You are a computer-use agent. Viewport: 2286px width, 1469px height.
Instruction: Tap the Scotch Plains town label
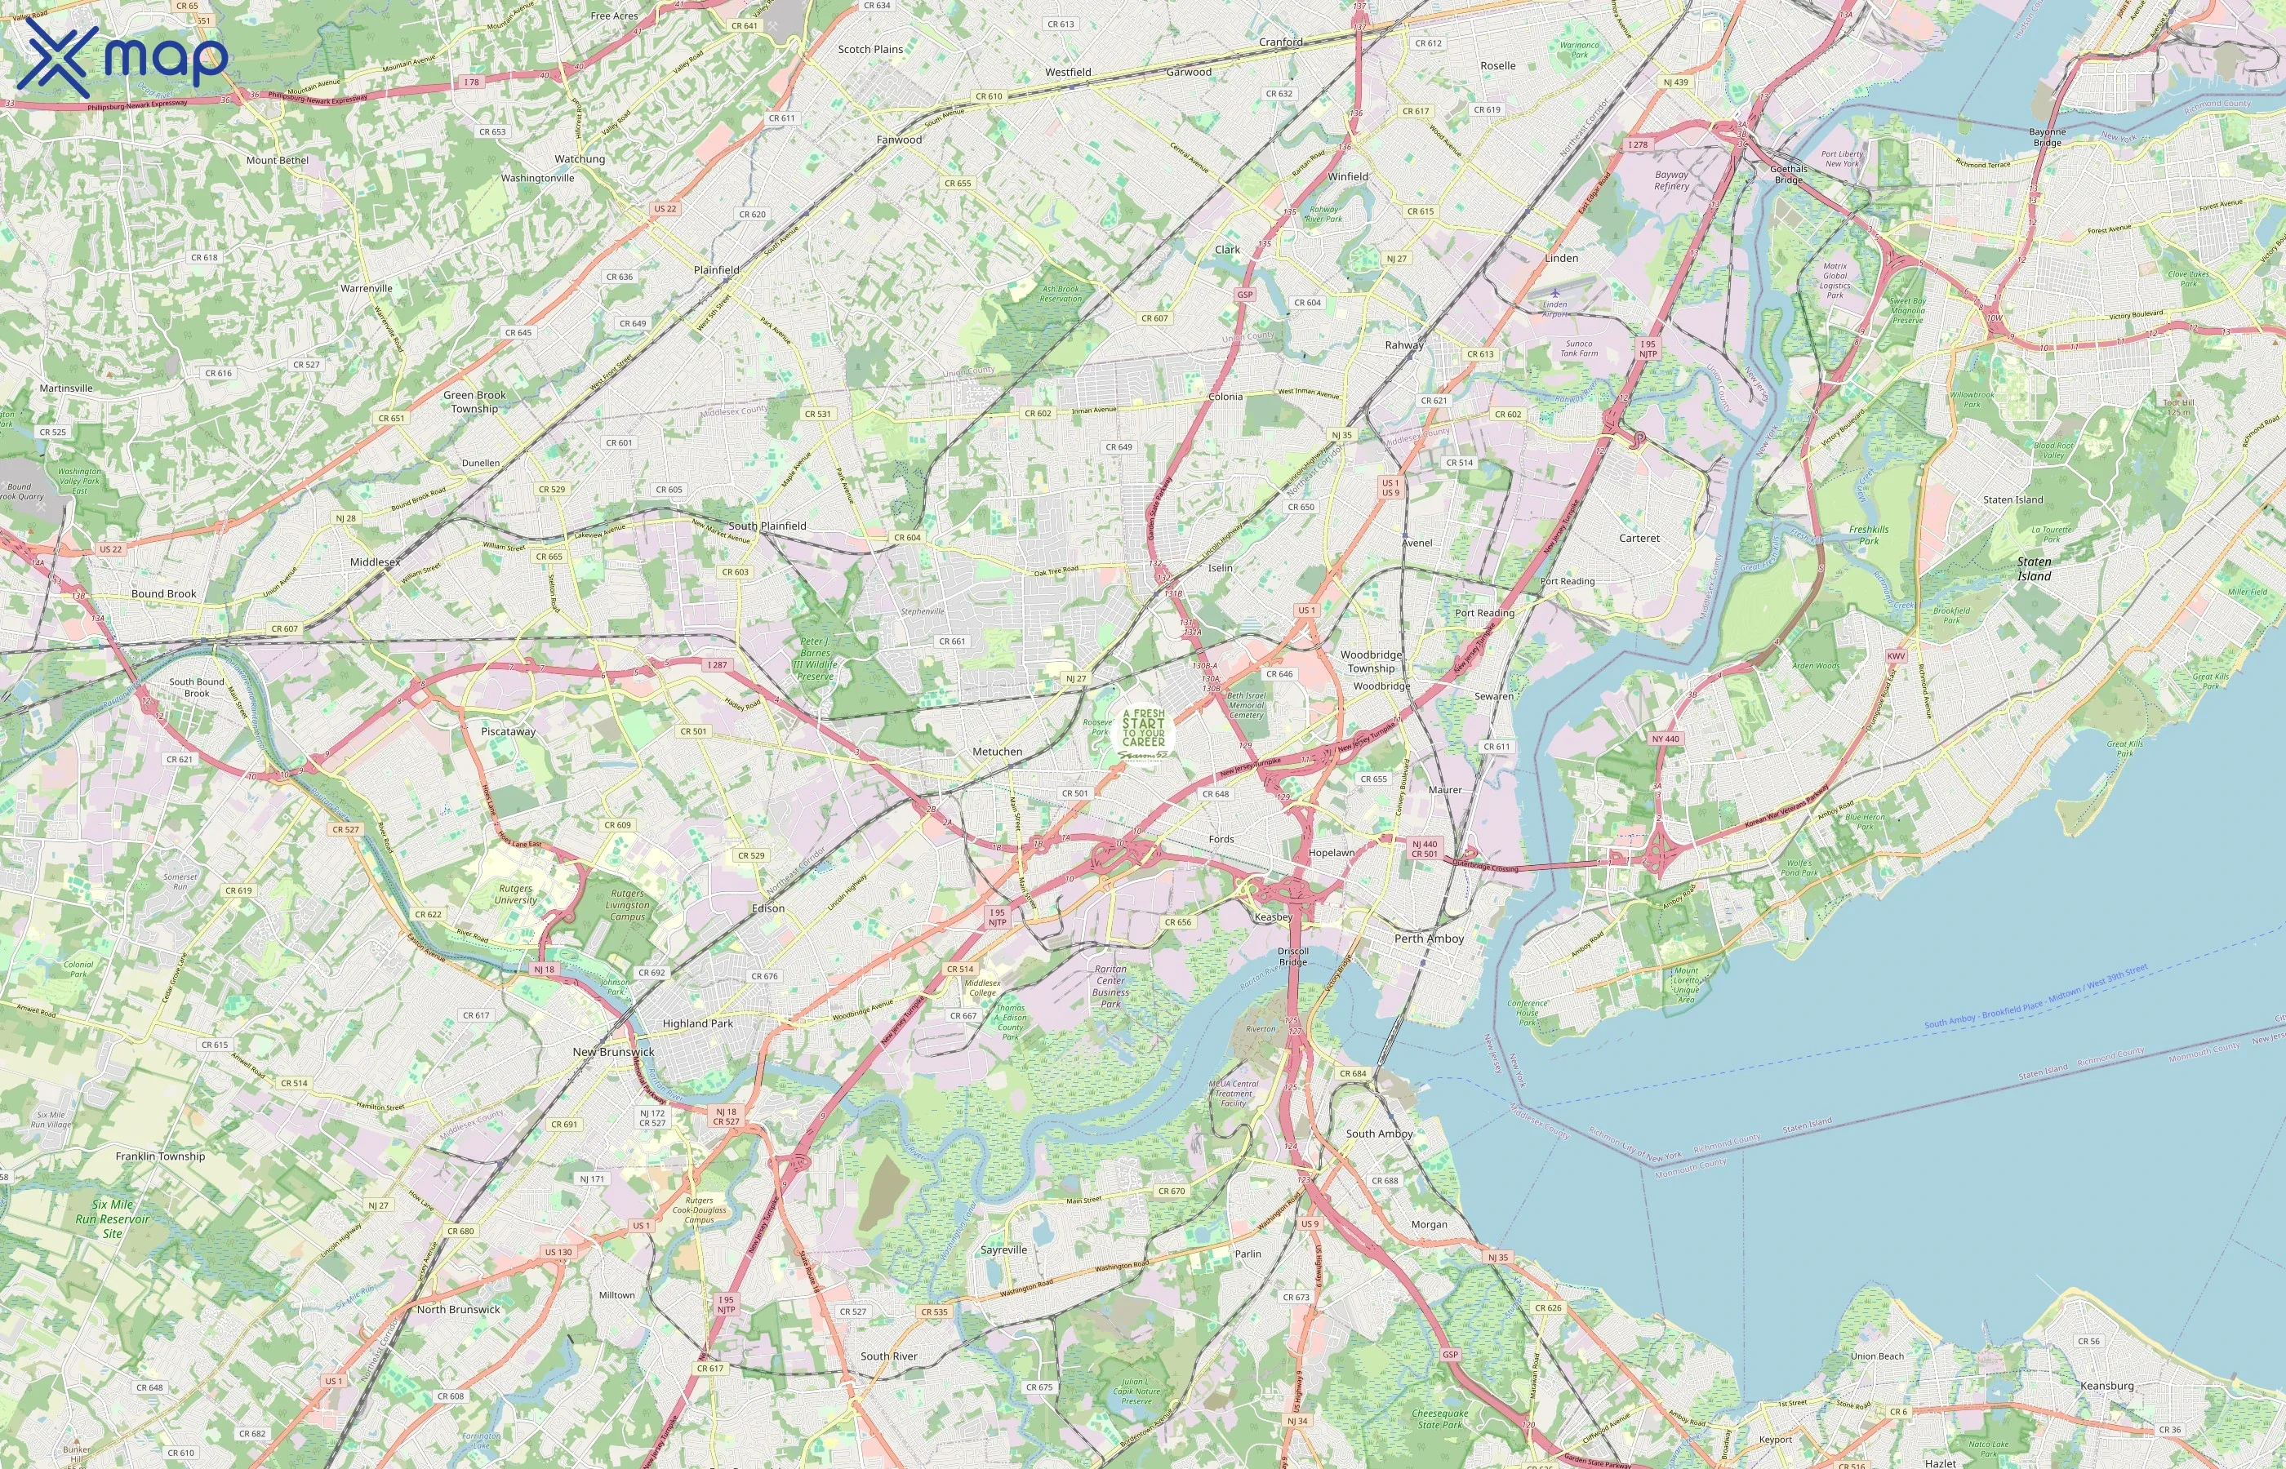870,50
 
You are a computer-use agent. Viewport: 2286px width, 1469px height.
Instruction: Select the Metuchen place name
997,752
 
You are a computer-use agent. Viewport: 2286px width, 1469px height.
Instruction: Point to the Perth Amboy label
1428,939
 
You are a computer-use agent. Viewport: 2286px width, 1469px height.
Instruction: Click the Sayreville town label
1003,1249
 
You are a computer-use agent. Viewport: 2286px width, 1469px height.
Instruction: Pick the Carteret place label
1639,539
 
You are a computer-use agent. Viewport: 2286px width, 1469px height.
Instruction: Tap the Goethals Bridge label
1788,175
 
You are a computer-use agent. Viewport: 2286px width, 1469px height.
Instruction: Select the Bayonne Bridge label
2047,137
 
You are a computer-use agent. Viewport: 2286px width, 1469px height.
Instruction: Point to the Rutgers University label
515,894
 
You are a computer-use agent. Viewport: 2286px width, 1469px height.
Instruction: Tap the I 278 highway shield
1637,145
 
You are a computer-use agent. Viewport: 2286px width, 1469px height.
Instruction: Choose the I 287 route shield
717,665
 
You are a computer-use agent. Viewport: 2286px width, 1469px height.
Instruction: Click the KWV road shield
1895,656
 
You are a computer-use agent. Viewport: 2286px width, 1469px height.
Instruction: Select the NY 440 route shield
1665,739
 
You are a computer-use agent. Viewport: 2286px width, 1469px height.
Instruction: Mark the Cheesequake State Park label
1439,1419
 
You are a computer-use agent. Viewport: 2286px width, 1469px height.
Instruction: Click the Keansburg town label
2106,1386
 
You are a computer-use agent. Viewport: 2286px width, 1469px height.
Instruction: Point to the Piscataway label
508,731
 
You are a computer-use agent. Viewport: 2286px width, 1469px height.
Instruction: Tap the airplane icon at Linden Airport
1555,293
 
